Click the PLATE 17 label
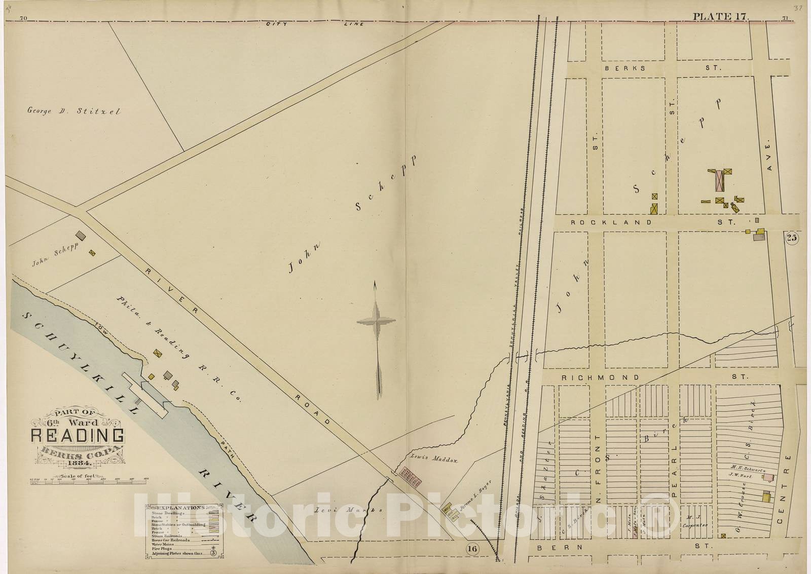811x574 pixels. point(720,17)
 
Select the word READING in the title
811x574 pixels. point(78,435)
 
